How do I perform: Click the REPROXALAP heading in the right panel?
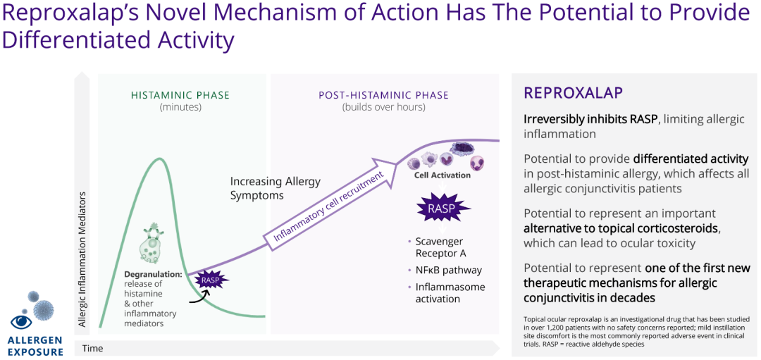(573, 93)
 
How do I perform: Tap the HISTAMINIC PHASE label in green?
(180, 95)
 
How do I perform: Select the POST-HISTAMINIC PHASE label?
(383, 95)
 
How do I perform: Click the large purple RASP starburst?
(441, 208)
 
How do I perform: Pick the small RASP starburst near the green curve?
(211, 280)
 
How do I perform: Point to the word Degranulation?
(154, 273)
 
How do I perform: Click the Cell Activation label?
(442, 175)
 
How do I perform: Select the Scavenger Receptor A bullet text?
(440, 247)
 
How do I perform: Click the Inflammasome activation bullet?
(450, 292)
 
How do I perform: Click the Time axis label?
(93, 348)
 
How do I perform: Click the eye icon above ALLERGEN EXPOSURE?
(21, 321)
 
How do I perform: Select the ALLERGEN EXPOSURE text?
(35, 345)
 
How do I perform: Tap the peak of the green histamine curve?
(161, 159)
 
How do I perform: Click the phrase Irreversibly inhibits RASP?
(590, 119)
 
